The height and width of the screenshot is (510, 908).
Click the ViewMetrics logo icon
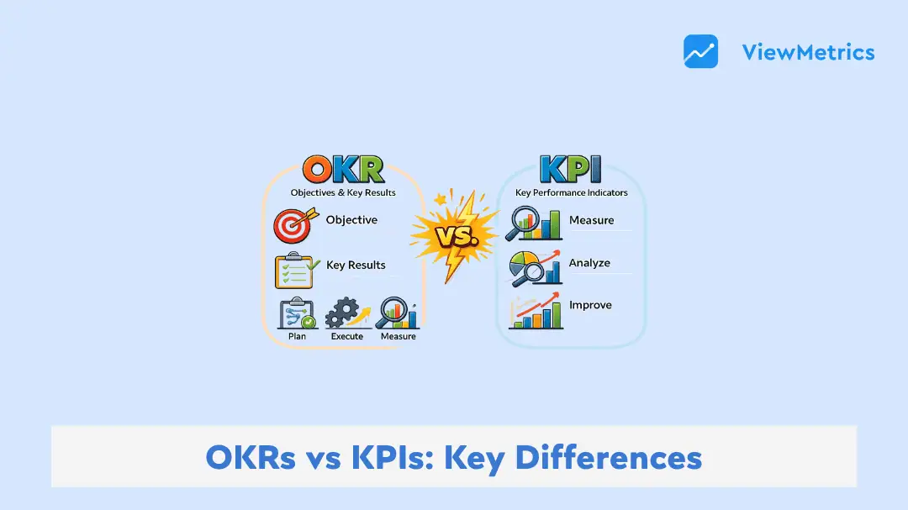(700, 51)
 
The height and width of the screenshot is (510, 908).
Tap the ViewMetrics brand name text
(809, 52)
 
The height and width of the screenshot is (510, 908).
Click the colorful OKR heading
(343, 170)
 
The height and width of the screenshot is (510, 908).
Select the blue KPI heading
(570, 170)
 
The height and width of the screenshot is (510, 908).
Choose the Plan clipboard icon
(298, 313)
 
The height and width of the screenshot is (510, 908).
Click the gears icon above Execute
(347, 313)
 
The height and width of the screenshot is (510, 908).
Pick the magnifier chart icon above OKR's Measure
(397, 313)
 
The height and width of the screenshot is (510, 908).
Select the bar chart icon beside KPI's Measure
(534, 223)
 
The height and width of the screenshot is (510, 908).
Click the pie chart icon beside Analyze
(535, 268)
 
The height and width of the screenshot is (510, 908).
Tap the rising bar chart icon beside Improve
(536, 311)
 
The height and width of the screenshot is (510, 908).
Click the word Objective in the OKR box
(351, 220)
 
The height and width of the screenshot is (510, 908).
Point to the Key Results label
(356, 266)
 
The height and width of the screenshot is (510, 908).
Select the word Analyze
(589, 263)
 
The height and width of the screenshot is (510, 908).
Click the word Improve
(590, 305)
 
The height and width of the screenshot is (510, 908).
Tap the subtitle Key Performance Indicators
(572, 192)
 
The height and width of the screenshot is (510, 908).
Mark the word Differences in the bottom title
(609, 457)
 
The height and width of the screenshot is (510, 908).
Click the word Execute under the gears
(347, 336)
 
